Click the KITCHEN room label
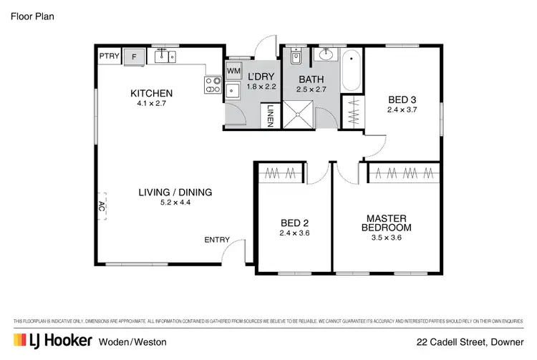pos(151,93)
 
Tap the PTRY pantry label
pos(109,55)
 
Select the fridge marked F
pos(134,56)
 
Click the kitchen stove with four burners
pos(213,85)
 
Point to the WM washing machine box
pos(233,71)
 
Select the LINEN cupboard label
pos(271,115)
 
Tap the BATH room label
pos(311,79)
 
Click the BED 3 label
pos(402,99)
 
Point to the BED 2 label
pos(294,222)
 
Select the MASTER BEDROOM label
pos(387,223)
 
